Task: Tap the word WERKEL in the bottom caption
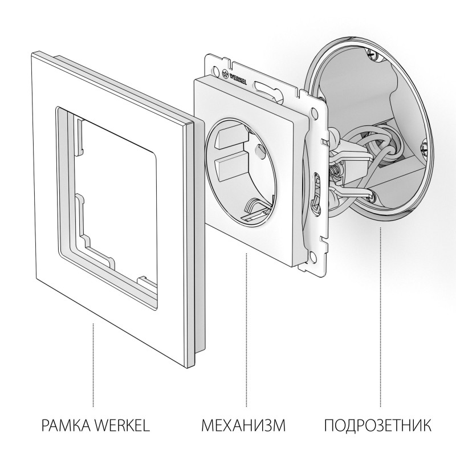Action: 122,425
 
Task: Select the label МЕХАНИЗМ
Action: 243,425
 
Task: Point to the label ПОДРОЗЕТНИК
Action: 378,425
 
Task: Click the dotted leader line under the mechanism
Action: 246,331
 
